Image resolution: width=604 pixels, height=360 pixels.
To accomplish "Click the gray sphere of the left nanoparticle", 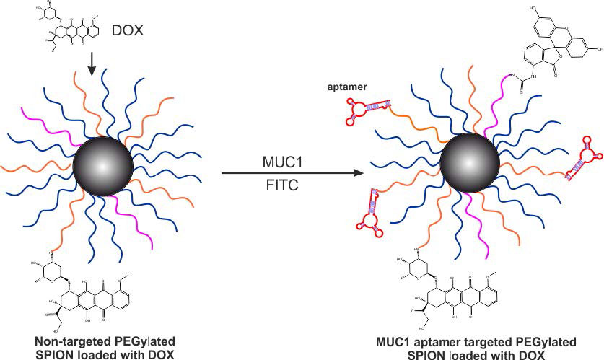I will pyautogui.click(x=103, y=165).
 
